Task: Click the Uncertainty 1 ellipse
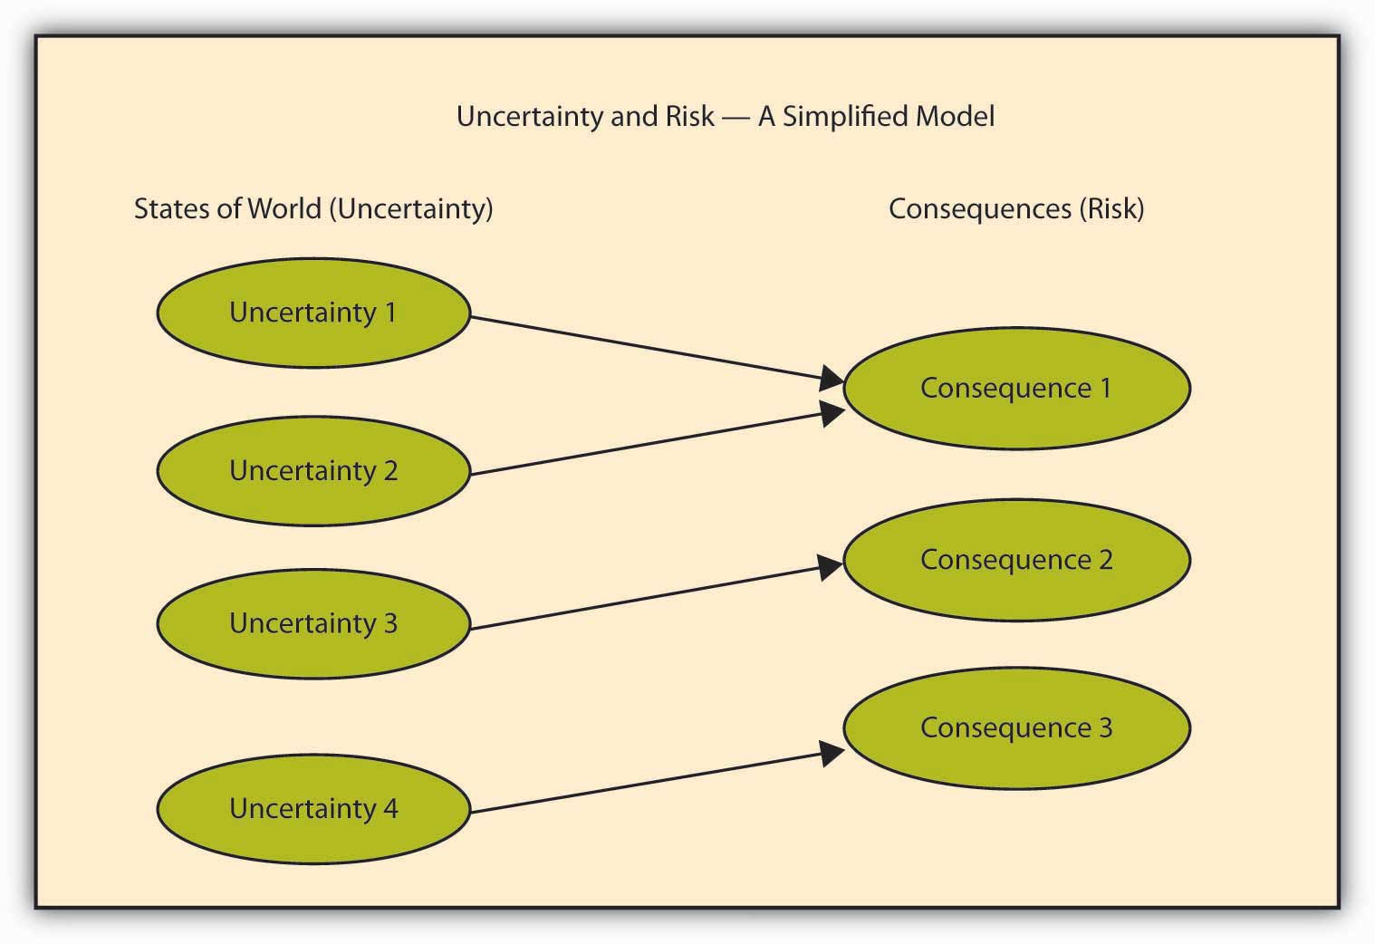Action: pos(313,313)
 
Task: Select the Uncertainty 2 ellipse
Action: pos(313,471)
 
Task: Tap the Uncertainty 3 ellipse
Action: pos(313,624)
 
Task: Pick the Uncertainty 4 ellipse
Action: pos(313,809)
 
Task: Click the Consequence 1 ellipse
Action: pos(1017,389)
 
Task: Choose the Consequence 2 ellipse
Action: pos(1017,561)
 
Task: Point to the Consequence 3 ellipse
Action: pos(1017,728)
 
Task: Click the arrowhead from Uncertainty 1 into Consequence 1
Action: pos(832,378)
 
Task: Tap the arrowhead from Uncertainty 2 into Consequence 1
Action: pos(833,413)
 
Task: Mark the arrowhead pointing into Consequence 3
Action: pos(833,753)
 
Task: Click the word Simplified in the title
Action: pos(845,117)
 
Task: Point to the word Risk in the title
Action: pos(690,117)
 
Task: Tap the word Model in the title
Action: pos(955,117)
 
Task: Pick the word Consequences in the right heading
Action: pos(980,208)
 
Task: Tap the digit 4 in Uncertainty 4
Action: pos(390,808)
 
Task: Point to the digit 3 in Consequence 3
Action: pos(1105,728)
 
